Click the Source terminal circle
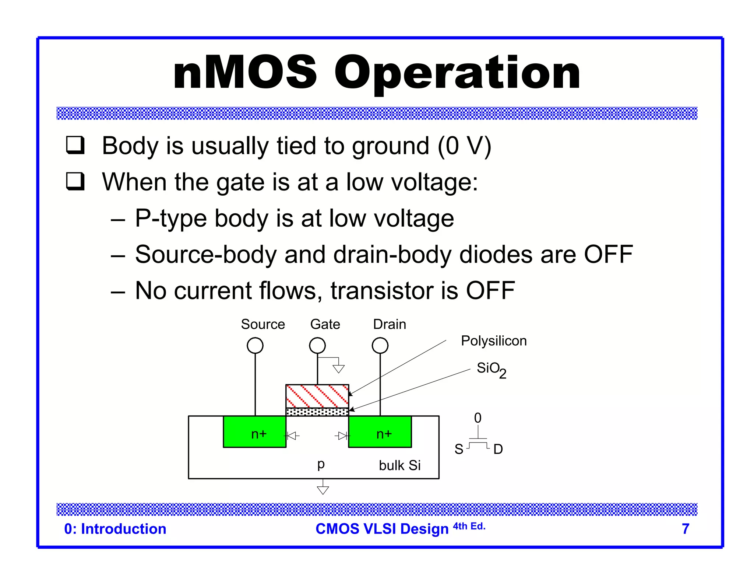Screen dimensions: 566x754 (x=255, y=346)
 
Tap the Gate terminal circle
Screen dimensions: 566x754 (x=317, y=346)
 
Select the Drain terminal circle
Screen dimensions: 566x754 (x=380, y=346)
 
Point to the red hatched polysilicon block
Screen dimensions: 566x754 (x=317, y=396)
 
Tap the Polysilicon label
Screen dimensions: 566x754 (x=493, y=341)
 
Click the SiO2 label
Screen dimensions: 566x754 (x=491, y=369)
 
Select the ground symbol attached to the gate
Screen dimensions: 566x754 (x=338, y=368)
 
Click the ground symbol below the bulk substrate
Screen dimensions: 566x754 (x=323, y=490)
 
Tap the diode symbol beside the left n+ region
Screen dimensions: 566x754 (x=292, y=436)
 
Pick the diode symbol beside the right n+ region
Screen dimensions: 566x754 (x=342, y=436)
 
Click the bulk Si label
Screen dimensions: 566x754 (x=399, y=465)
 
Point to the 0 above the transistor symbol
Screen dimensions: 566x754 (x=478, y=418)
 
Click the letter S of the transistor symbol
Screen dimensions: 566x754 (x=459, y=449)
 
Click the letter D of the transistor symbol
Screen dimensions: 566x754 (x=498, y=449)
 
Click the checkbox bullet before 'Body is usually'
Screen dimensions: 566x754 (x=75, y=145)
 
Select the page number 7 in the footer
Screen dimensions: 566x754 (x=685, y=529)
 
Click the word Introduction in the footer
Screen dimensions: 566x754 (x=123, y=529)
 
